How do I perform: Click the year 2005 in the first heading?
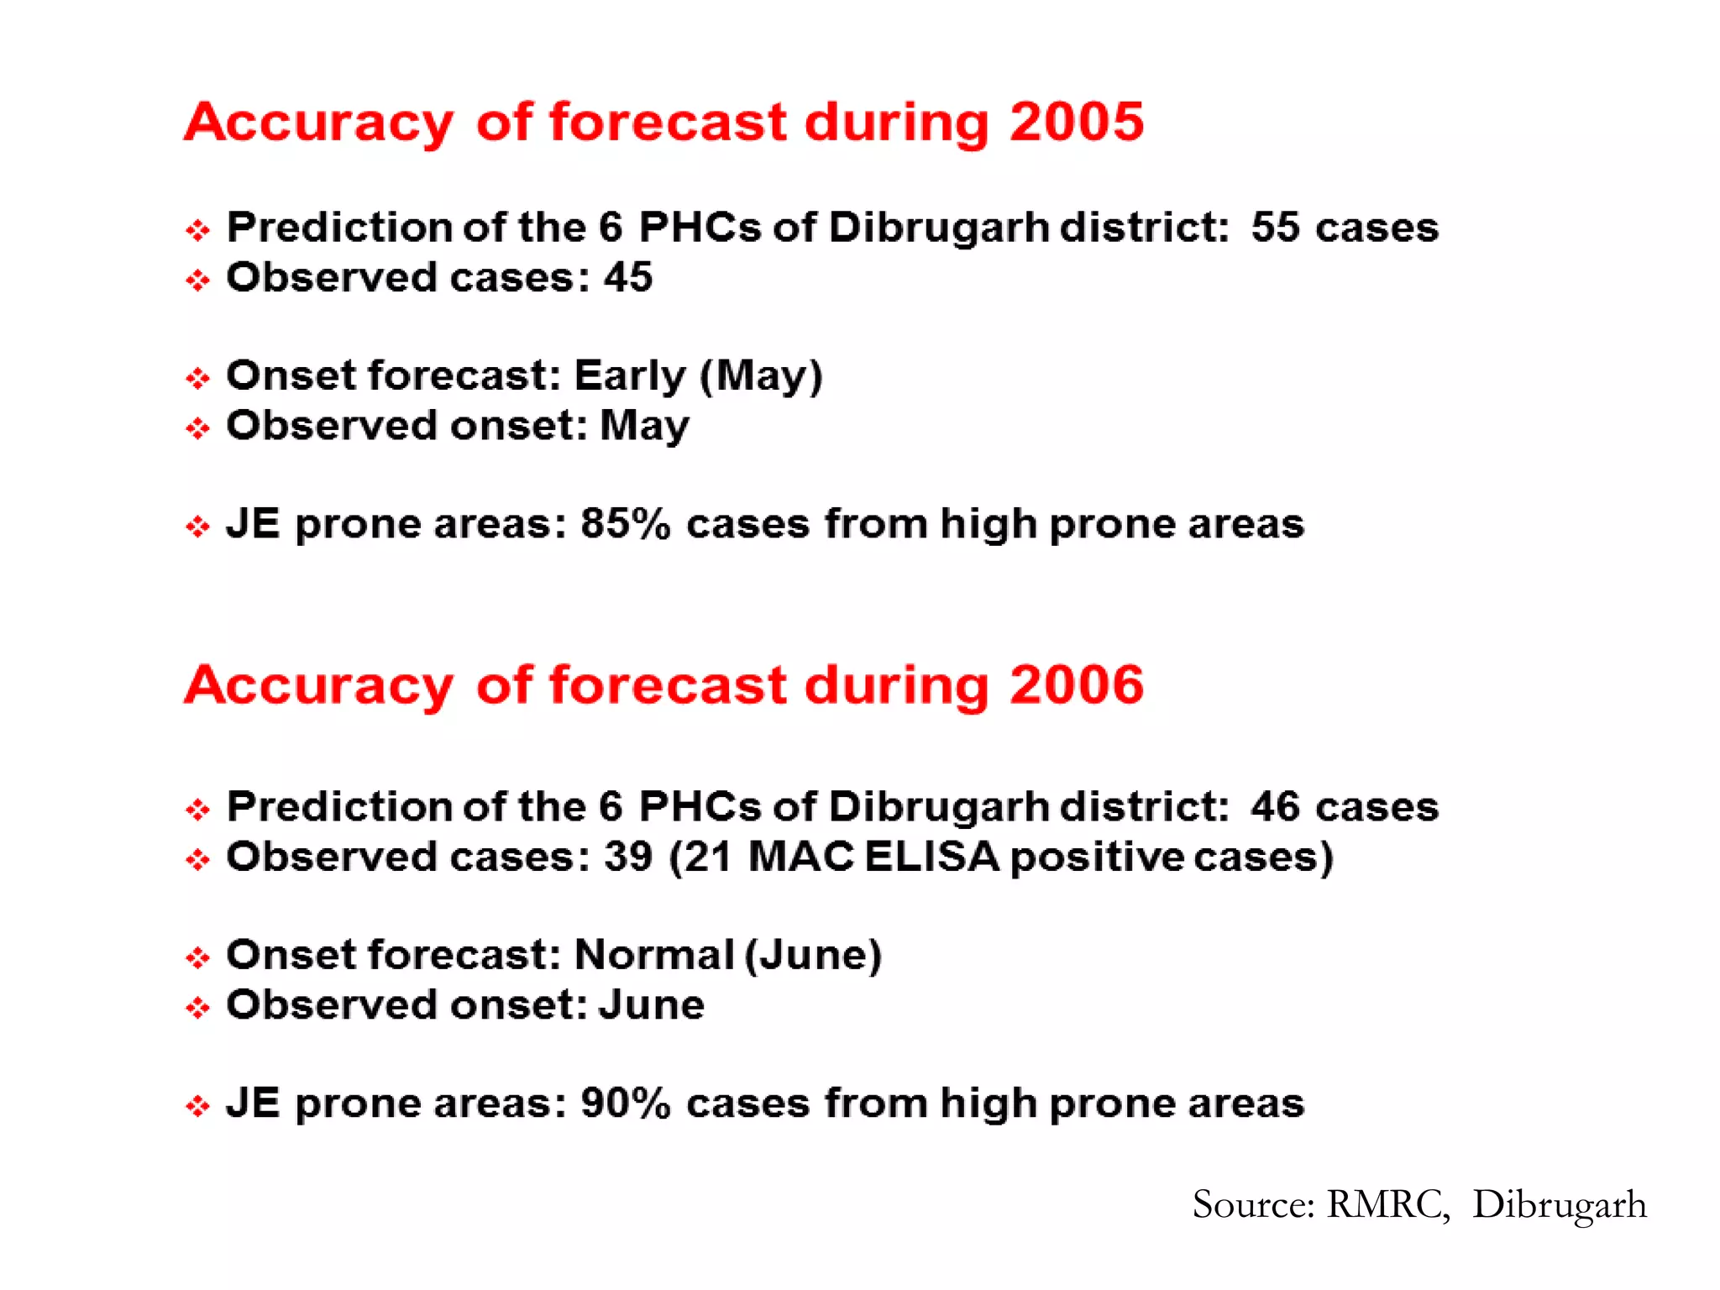tap(1076, 122)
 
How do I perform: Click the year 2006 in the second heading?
tap(1076, 684)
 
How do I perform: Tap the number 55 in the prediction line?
tap(1275, 228)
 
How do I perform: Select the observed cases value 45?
tap(627, 277)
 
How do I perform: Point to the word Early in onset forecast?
tap(630, 375)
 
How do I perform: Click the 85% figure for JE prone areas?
tap(625, 524)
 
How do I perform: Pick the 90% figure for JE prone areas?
tap(625, 1104)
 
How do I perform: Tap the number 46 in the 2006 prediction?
tap(1275, 807)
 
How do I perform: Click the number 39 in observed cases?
tap(627, 857)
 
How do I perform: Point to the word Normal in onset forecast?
tap(653, 956)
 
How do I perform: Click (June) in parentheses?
tap(813, 956)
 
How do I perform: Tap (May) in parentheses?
tap(761, 375)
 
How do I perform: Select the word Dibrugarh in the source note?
tap(1559, 1204)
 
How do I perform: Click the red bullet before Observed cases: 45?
tap(197, 280)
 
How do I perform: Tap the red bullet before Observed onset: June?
tap(197, 1007)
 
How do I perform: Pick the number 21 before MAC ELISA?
tap(705, 857)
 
